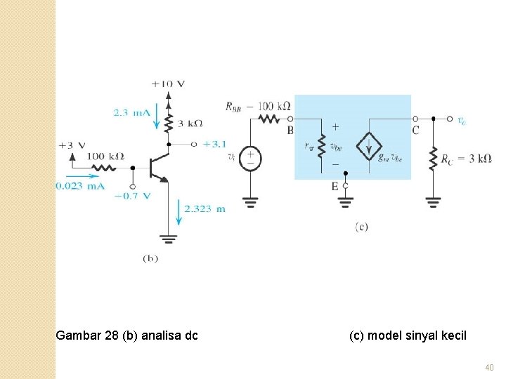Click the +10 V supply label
coord(168,84)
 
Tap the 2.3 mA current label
coord(131,112)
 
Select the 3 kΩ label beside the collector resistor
coord(190,123)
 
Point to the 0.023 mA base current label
coord(80,185)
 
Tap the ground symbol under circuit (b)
coord(169,239)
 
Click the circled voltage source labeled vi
coord(250,158)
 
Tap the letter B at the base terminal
coord(290,131)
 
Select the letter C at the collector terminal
coord(415,131)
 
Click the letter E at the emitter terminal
coord(335,186)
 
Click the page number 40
coord(490,367)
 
